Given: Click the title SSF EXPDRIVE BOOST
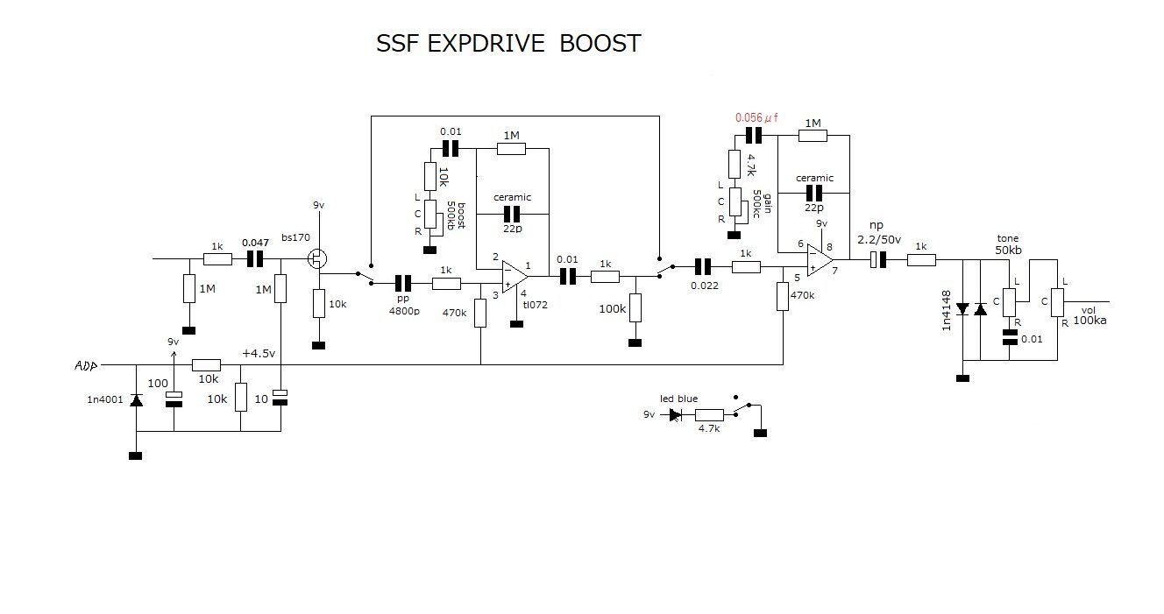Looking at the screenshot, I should pos(508,44).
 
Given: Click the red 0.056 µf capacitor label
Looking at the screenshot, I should pos(756,117).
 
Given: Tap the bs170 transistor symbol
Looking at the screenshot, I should pos(317,259).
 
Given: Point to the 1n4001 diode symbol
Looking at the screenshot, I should pos(136,399).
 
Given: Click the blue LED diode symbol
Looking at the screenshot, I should pos(676,415).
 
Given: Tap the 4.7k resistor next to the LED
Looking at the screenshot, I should pos(709,415).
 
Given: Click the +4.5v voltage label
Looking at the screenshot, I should pos(259,353).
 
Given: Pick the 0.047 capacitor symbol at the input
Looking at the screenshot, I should pos(255,259).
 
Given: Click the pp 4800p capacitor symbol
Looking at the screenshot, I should pos(403,283).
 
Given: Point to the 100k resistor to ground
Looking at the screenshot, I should pos(635,308).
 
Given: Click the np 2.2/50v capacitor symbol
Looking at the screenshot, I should pos(877,259).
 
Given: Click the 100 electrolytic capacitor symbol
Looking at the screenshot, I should pos(174,399).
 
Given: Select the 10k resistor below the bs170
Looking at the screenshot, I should pos(318,303).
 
